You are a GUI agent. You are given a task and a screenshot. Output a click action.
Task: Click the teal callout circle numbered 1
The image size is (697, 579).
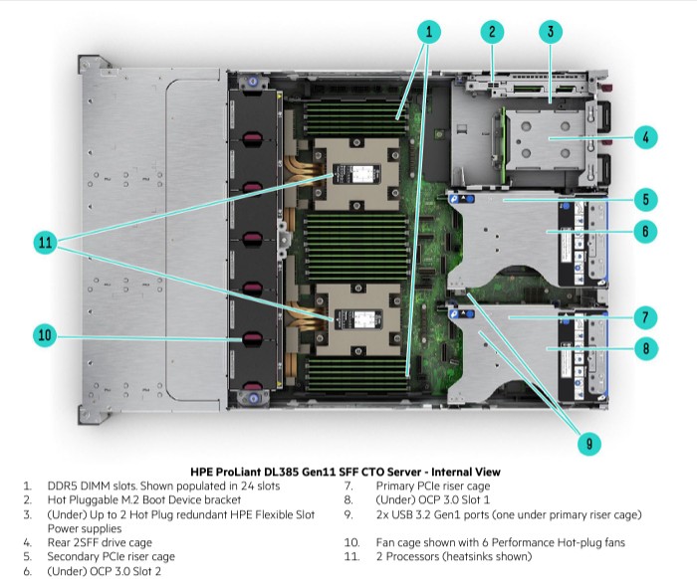(429, 32)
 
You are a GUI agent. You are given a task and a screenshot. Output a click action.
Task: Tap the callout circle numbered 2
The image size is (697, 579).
(492, 32)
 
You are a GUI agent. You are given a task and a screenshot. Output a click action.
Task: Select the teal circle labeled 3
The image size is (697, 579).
(551, 32)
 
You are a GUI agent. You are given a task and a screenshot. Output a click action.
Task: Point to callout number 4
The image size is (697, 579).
(645, 137)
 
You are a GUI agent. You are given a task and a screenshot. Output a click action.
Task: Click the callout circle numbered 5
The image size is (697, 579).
(645, 199)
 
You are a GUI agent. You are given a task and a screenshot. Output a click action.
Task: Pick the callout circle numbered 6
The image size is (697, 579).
(645, 231)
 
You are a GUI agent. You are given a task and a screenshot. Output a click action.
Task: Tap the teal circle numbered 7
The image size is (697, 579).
(645, 317)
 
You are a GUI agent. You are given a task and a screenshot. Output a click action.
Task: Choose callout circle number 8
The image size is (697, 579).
(645, 348)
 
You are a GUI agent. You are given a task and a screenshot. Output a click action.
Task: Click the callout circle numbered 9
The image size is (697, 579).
(589, 443)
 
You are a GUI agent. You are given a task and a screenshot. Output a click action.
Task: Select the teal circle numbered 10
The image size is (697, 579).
(45, 335)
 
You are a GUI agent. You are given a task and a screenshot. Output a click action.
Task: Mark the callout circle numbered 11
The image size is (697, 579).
(46, 243)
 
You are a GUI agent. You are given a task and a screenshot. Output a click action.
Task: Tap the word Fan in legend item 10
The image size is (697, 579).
(385, 542)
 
